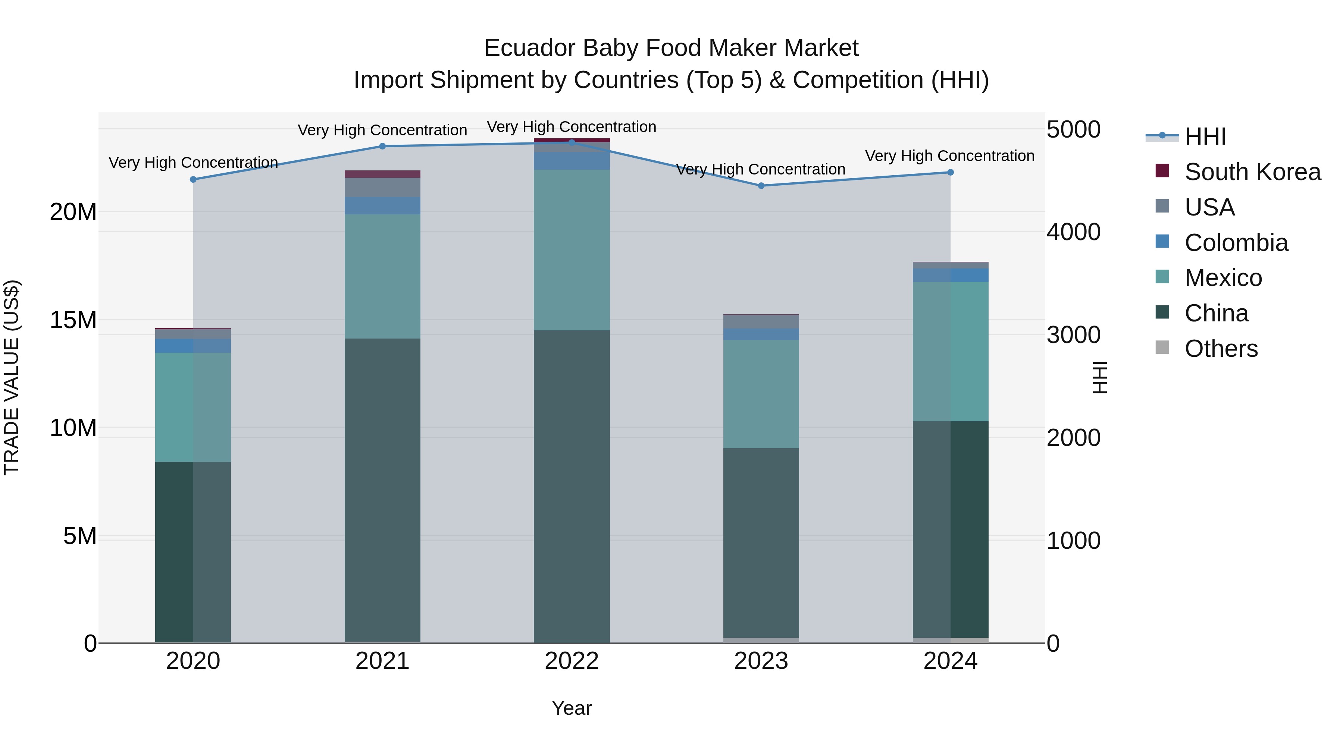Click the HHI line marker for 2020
193,179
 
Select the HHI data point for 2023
761,186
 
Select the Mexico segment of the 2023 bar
761,394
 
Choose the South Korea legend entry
1252,172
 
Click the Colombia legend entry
1236,243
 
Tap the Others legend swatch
1162,347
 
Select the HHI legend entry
1205,136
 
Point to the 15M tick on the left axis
73,320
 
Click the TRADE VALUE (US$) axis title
12,377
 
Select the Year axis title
572,708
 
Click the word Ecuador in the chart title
529,48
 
